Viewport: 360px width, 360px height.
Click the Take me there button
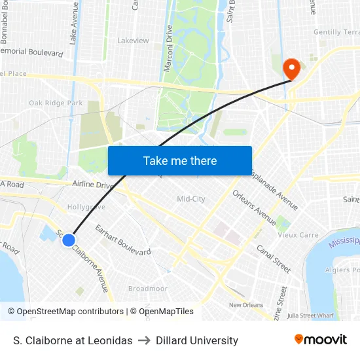tap(179, 160)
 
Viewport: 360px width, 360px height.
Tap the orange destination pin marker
tap(290, 68)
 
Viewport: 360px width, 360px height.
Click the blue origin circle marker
tap(68, 240)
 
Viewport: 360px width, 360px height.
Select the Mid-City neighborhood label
tap(191, 199)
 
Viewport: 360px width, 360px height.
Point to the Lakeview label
tap(133, 40)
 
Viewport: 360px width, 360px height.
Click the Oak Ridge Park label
tap(56, 103)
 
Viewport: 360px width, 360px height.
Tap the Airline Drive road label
tap(94, 185)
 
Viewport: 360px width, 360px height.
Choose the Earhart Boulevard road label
tap(123, 240)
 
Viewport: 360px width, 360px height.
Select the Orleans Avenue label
tap(254, 207)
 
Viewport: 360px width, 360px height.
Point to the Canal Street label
tap(273, 259)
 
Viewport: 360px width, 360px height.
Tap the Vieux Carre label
tap(299, 235)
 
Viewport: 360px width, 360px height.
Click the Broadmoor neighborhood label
tap(147, 289)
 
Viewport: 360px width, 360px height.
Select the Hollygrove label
tap(86, 207)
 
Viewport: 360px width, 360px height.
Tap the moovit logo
tap(320, 339)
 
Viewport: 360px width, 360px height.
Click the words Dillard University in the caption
tap(197, 340)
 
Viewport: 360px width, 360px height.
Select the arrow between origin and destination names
tap(144, 340)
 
